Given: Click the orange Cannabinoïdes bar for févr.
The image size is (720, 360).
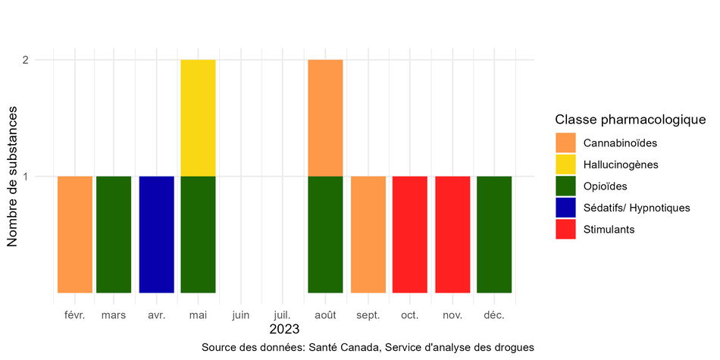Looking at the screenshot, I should [x=75, y=234].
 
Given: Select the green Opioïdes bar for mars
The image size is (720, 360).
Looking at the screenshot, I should [x=114, y=234].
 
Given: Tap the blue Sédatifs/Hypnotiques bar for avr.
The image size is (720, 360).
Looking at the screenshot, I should [x=157, y=234].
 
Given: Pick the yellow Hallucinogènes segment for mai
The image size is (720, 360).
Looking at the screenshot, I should [x=198, y=117].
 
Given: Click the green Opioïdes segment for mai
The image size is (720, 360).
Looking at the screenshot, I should [x=198, y=234].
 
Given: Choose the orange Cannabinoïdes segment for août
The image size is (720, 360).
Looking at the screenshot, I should [x=325, y=117].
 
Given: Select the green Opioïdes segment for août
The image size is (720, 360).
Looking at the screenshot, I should [x=325, y=234].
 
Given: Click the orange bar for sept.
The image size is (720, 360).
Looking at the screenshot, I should [x=368, y=234].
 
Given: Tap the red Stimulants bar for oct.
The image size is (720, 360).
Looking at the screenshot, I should [x=409, y=234].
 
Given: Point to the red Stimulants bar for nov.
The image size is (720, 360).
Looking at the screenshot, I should [x=452, y=234].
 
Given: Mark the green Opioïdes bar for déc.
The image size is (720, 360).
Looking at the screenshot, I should [x=494, y=234].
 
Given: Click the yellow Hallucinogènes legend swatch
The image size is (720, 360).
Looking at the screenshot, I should [x=565, y=164].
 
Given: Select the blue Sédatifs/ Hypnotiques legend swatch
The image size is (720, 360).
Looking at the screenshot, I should [x=565, y=207].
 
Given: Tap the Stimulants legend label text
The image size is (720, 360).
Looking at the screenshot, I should [x=609, y=229].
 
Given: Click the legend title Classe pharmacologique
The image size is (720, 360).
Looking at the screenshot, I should [x=631, y=120].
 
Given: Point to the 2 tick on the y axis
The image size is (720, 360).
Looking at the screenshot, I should [x=36, y=60].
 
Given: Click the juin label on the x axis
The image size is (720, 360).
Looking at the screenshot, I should [x=240, y=314].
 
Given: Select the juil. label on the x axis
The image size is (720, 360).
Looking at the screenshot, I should [x=281, y=314].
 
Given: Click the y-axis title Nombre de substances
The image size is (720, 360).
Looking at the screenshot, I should [x=13, y=176].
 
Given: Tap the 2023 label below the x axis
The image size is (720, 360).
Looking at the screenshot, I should [x=284, y=330].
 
